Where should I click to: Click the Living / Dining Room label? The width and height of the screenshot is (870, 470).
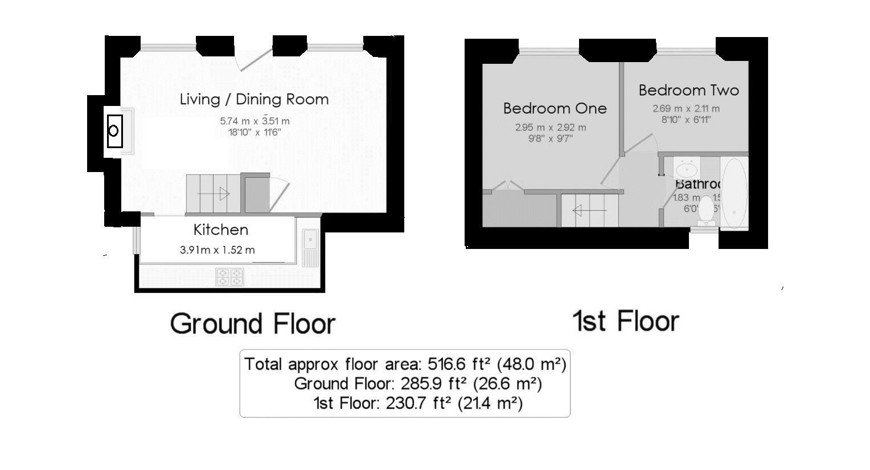pyautogui.click(x=254, y=99)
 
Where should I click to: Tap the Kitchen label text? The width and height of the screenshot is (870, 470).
pyautogui.click(x=221, y=230)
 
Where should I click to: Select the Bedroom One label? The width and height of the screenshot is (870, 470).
pyautogui.click(x=555, y=108)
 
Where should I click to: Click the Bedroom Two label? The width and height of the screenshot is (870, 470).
pyautogui.click(x=688, y=90)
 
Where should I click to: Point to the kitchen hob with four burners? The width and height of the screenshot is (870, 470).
pyautogui.click(x=229, y=277)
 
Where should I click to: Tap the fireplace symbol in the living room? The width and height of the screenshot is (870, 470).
pyautogui.click(x=114, y=131)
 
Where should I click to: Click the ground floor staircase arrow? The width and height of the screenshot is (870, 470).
pyautogui.click(x=214, y=194)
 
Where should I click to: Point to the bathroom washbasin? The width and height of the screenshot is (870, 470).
pyautogui.click(x=687, y=169)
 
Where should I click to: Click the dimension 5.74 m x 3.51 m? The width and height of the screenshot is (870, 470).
pyautogui.click(x=255, y=121)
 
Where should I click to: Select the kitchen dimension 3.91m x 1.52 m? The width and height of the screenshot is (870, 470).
pyautogui.click(x=217, y=250)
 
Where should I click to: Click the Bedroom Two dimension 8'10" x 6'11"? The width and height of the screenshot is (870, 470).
pyautogui.click(x=686, y=120)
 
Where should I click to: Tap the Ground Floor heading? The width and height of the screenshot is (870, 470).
pyautogui.click(x=252, y=324)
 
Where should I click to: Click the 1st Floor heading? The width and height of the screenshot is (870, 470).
pyautogui.click(x=625, y=321)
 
